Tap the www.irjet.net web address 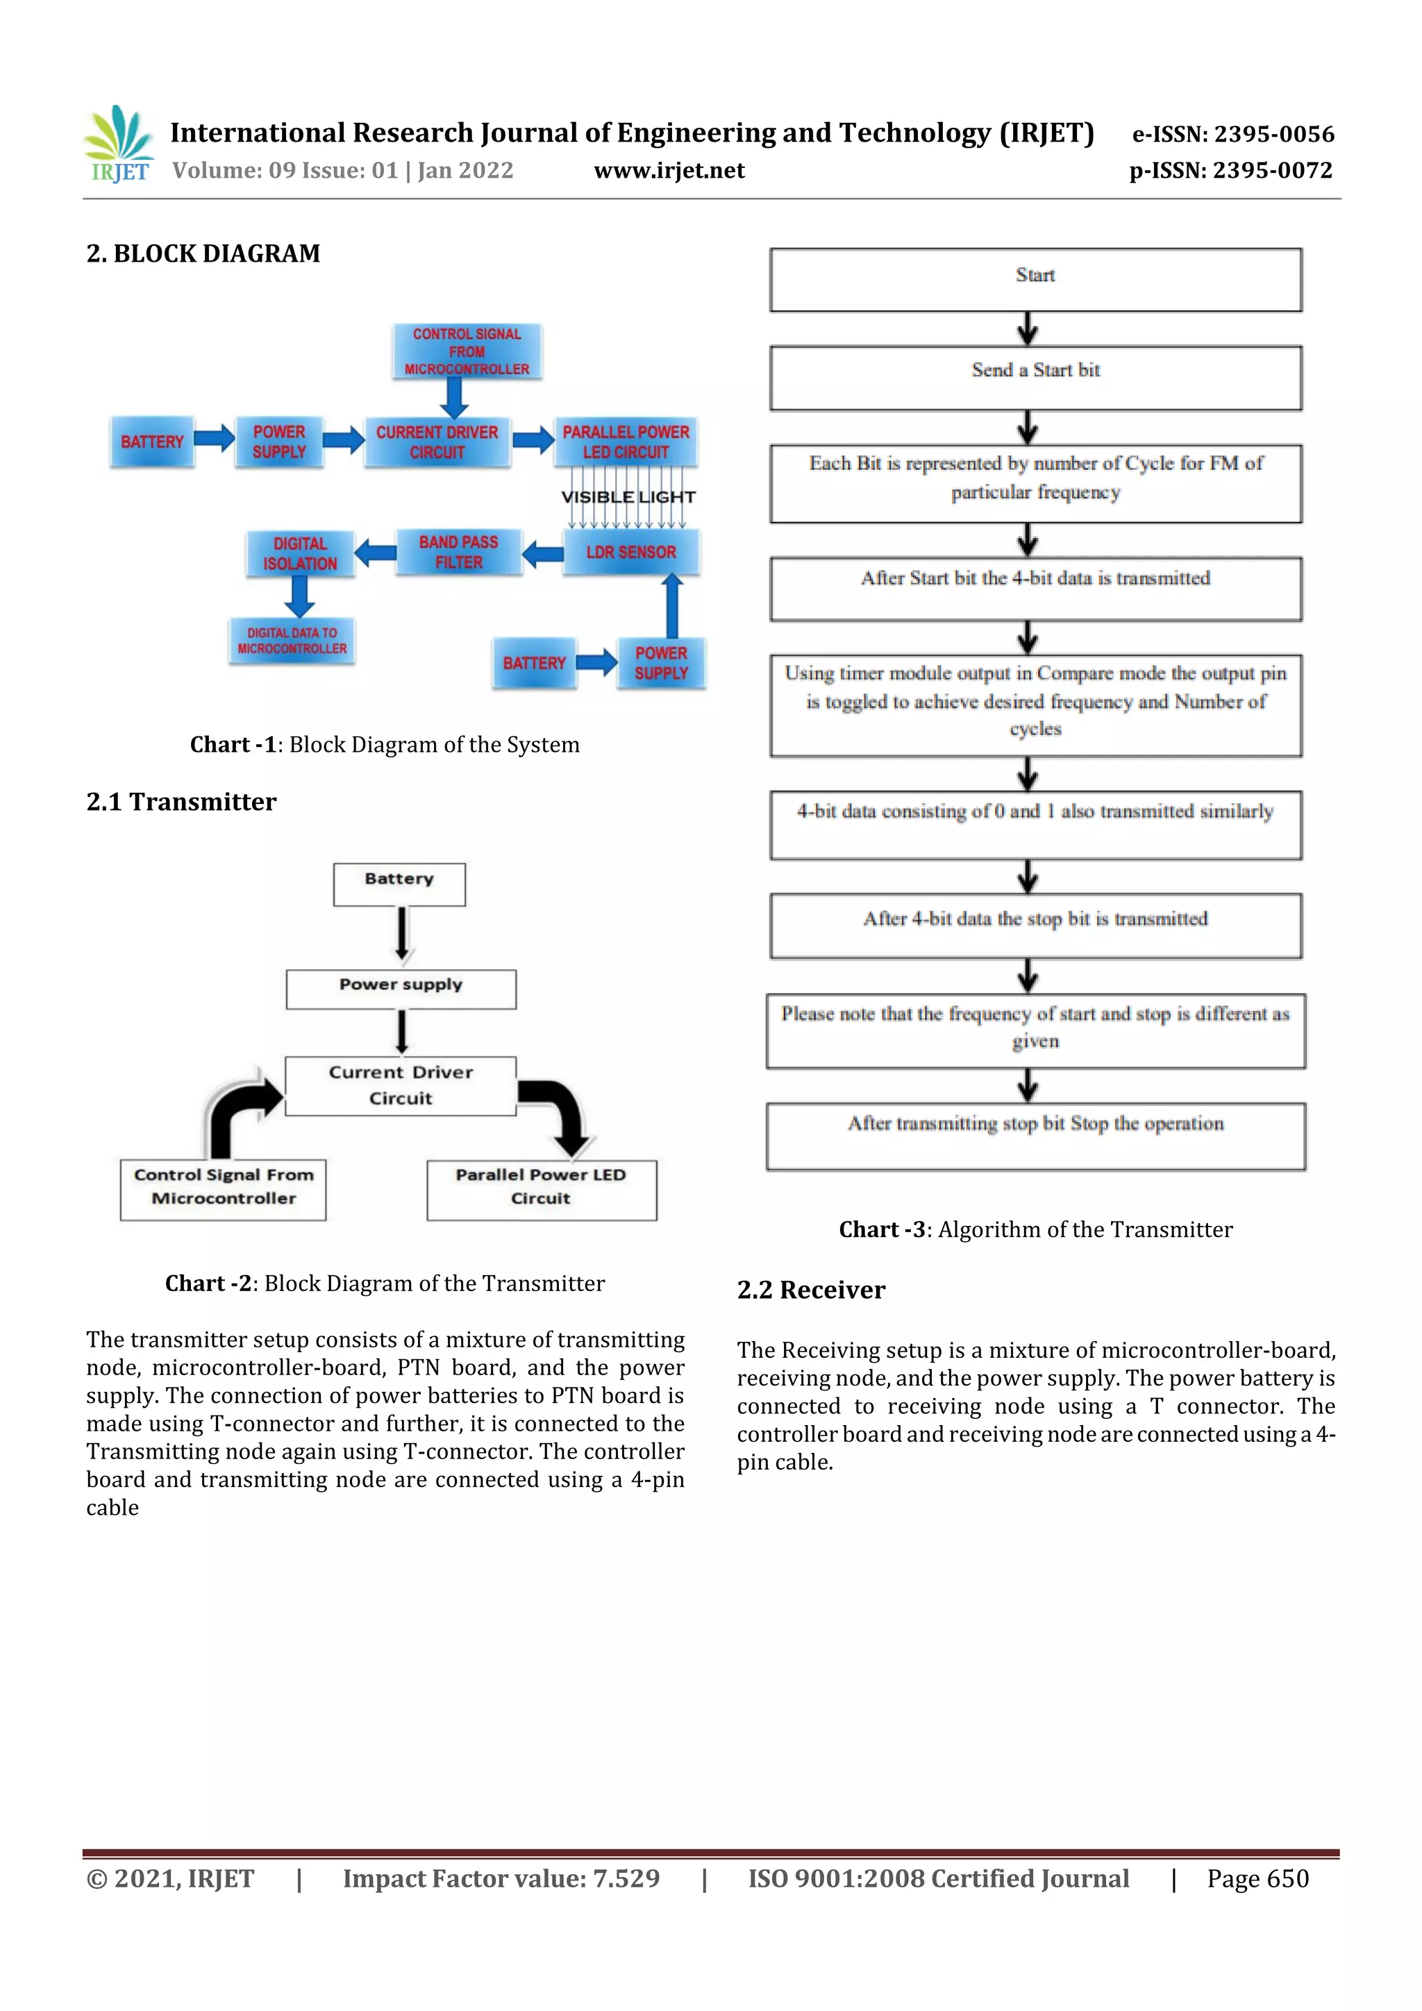click(x=669, y=171)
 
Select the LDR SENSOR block click(x=631, y=552)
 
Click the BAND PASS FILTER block click(x=458, y=552)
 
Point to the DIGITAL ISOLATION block click(x=300, y=553)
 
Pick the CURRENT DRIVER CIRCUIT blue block click(x=437, y=441)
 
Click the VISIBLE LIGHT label click(x=628, y=496)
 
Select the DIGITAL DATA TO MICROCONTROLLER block click(x=292, y=640)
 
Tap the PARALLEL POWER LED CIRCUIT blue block click(x=626, y=441)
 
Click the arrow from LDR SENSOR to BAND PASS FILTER click(x=543, y=553)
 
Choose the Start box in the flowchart click(x=1035, y=280)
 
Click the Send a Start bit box click(x=1035, y=378)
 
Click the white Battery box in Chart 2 click(x=399, y=884)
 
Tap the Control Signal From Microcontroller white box click(x=224, y=1188)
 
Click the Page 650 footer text click(x=1257, y=1878)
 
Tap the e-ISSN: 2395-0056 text click(x=1232, y=134)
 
